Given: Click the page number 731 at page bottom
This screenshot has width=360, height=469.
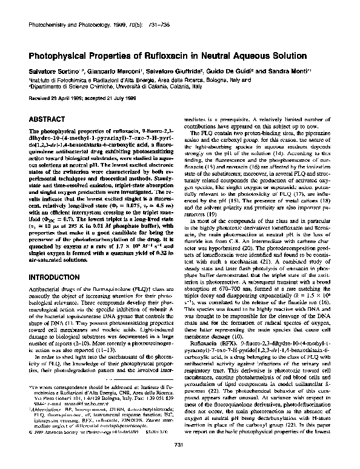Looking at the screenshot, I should pyautogui.click(x=179, y=445).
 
